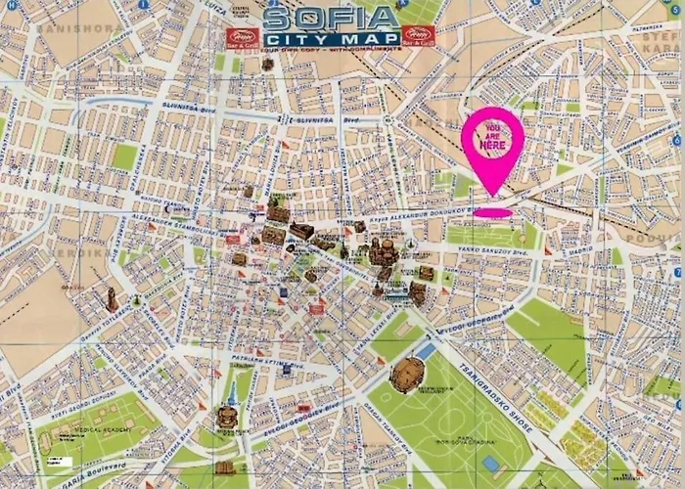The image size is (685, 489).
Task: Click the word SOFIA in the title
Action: click(x=332, y=17)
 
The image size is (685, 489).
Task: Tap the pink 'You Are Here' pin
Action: click(x=492, y=147)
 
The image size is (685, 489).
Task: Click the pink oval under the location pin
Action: click(x=492, y=212)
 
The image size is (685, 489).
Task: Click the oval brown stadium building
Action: click(x=408, y=374)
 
